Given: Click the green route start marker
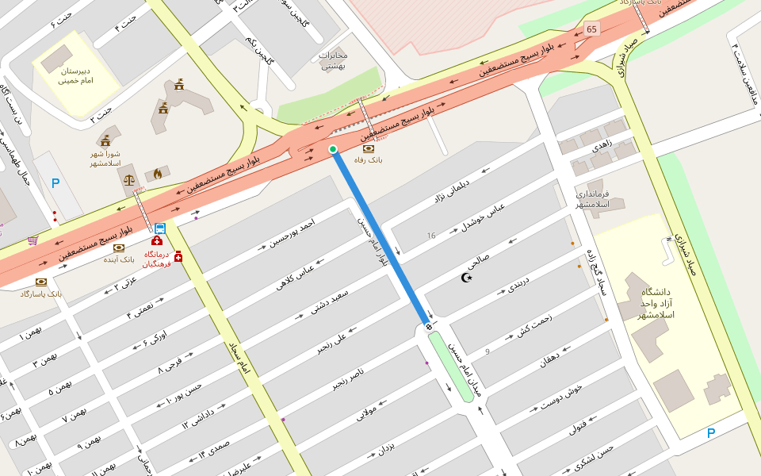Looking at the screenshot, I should [x=333, y=148].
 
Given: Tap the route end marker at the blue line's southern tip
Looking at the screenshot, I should [x=429, y=327].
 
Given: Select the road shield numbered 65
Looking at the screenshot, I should [x=591, y=29].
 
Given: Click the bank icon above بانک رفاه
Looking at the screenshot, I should [x=368, y=148].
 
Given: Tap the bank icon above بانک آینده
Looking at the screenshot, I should [x=119, y=248].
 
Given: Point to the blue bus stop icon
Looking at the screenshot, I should [x=160, y=228].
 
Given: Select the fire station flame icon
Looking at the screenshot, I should [x=157, y=173].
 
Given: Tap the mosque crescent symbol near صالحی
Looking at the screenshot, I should [x=466, y=277].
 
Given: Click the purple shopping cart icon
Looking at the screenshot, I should [x=33, y=240].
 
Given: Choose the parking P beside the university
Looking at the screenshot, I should [x=710, y=433].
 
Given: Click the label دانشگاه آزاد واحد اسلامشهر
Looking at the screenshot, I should [x=656, y=304].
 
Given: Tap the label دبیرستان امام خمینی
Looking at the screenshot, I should [x=76, y=75].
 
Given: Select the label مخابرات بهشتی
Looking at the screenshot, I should [x=333, y=60].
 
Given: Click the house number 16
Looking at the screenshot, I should [x=431, y=236].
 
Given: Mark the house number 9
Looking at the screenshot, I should [x=488, y=351].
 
